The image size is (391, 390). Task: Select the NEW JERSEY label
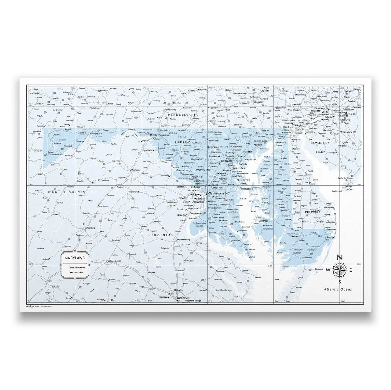coord(320,143)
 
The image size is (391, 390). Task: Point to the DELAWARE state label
coord(313,212)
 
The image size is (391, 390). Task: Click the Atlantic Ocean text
coord(338,289)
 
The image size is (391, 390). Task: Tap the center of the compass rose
coord(340,269)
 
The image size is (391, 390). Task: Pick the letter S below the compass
coord(340,281)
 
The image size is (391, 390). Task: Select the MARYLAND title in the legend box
coord(75,258)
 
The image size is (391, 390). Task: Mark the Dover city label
coord(309,171)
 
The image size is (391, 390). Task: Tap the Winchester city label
coord(135,170)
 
